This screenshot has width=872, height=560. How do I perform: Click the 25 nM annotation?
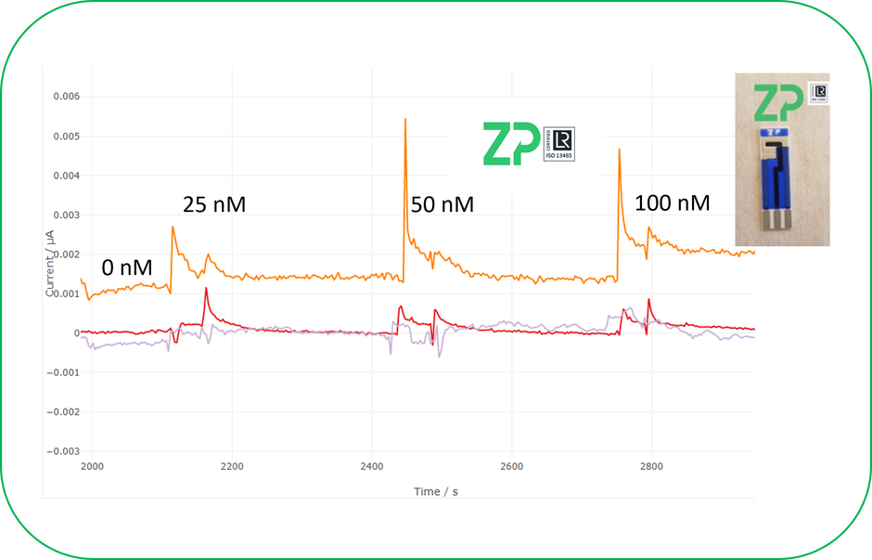(x=214, y=203)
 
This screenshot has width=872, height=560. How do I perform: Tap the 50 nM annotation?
(x=442, y=204)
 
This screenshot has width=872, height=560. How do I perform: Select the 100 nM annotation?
(x=672, y=202)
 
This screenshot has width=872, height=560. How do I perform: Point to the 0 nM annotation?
(x=127, y=267)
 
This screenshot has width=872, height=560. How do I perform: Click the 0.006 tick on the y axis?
(x=67, y=97)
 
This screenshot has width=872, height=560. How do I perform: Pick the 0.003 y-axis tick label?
(x=67, y=215)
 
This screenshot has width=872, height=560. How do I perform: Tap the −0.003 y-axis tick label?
(x=64, y=451)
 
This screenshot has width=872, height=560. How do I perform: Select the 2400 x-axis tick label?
(x=371, y=465)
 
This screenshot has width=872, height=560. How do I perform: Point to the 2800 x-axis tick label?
(x=651, y=465)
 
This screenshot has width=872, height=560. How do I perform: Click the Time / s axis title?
(x=435, y=490)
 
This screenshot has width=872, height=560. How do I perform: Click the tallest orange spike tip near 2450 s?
(x=405, y=120)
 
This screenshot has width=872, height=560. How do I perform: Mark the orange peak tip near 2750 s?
(x=620, y=150)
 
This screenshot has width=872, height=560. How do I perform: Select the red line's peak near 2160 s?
(x=206, y=289)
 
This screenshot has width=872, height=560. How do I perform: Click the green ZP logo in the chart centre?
(x=510, y=145)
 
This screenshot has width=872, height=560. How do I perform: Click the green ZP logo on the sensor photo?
(x=778, y=103)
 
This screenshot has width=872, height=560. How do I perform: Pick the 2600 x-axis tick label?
(x=511, y=465)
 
